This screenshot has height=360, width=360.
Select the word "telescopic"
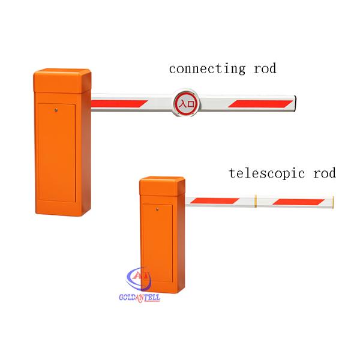pyautogui.click(x=268, y=174)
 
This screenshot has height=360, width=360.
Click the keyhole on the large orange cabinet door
pyautogui.click(x=55, y=109)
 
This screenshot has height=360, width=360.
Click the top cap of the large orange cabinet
pyautogui.click(x=61, y=78)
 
